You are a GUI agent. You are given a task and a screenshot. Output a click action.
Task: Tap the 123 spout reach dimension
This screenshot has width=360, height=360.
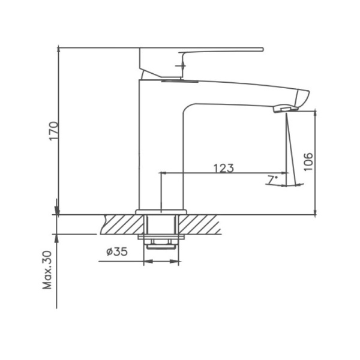pyautogui.click(x=223, y=168)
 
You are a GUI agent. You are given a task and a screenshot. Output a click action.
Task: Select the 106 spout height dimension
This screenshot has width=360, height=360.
pyautogui.click(x=308, y=161)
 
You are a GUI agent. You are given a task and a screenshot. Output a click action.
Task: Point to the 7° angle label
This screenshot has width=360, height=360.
pyautogui.click(x=272, y=179)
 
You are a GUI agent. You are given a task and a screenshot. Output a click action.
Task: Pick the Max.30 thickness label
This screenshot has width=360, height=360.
pyautogui.click(x=48, y=271)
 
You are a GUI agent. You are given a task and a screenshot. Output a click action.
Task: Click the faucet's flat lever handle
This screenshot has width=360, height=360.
pyautogui.click(x=222, y=50)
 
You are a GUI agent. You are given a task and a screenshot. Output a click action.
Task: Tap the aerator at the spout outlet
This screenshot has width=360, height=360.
pyautogui.click(x=284, y=108)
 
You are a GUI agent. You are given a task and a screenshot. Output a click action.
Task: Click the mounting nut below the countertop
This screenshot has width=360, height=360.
pyautogui.click(x=162, y=242)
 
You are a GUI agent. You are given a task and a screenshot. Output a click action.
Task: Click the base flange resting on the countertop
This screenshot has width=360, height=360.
pyautogui.click(x=161, y=212)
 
